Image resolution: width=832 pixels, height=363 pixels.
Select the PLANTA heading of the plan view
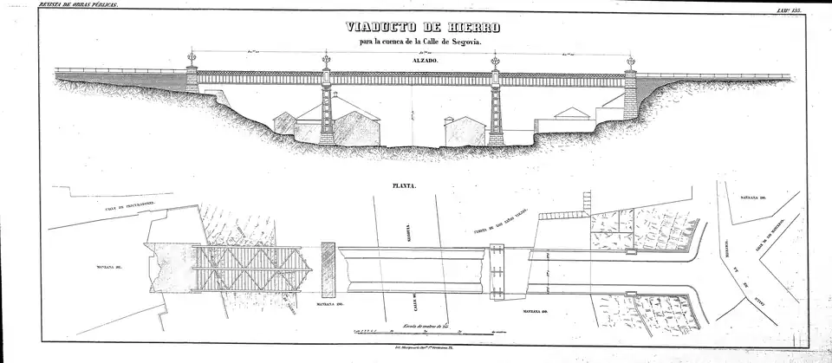406,185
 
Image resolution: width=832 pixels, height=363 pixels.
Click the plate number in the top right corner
811,6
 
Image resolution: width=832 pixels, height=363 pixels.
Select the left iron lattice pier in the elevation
327,113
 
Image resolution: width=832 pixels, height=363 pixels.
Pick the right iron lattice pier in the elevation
496,113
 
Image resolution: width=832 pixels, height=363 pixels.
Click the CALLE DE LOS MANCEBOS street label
770,232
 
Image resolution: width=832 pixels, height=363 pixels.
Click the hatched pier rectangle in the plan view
328,261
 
